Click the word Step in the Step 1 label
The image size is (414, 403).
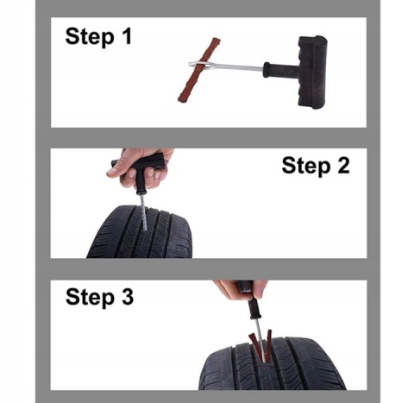click(90, 37)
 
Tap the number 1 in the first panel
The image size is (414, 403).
click(127, 35)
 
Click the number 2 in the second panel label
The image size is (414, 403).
click(342, 165)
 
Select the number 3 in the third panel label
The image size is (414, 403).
click(127, 296)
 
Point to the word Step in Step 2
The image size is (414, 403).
click(305, 167)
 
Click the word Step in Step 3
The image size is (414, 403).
click(90, 298)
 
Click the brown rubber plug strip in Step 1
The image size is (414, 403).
click(199, 70)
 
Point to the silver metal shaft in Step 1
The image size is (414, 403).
click(226, 67)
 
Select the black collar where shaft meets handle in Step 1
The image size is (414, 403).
click(267, 70)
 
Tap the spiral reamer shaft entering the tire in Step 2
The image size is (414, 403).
click(143, 212)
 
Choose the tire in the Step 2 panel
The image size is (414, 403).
click(140, 232)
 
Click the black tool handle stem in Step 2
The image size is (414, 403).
click(141, 183)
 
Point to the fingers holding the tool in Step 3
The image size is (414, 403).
click(240, 289)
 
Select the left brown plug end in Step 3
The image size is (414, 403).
click(255, 346)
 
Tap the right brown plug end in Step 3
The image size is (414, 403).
click(268, 344)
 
